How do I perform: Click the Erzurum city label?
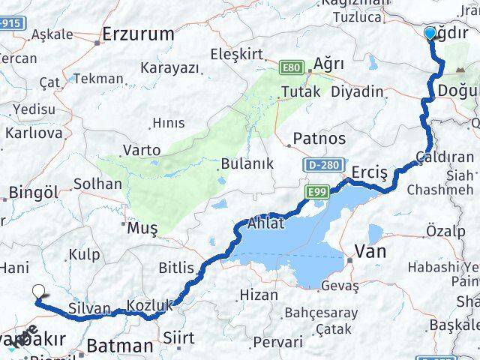[x=138, y=34]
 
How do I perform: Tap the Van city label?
[x=370, y=251]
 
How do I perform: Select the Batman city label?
[x=120, y=346]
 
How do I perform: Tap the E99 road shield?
[x=315, y=193]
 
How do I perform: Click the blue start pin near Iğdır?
[x=430, y=34]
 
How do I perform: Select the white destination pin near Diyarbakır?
[x=39, y=293]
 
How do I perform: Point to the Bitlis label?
[x=176, y=268]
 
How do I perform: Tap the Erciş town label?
[x=370, y=173]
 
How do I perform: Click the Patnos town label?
[x=319, y=139]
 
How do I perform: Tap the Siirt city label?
[x=178, y=339]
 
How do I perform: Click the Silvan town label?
[x=89, y=308]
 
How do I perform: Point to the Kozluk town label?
[x=150, y=305]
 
